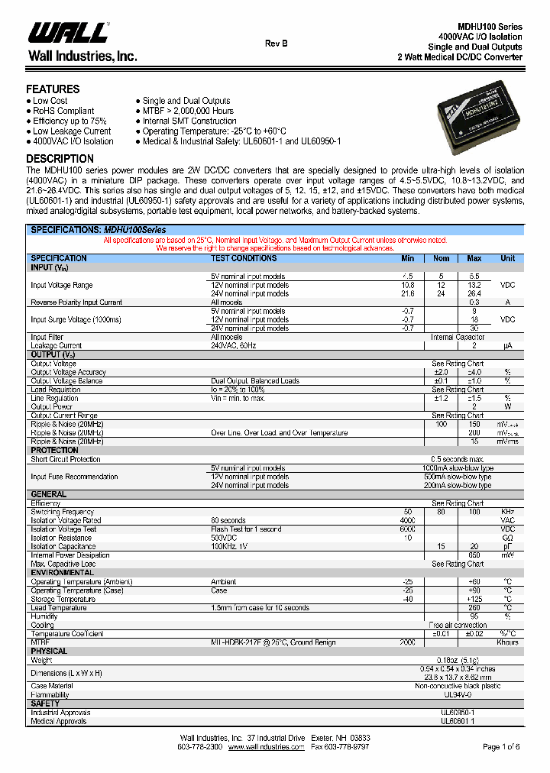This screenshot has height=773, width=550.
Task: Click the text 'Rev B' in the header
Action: (x=277, y=44)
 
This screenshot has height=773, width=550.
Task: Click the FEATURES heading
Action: (x=53, y=89)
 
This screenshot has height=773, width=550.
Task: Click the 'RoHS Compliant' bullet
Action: (x=63, y=111)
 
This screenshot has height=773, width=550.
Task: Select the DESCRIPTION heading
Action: (x=60, y=159)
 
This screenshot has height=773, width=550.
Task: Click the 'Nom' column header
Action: (x=442, y=258)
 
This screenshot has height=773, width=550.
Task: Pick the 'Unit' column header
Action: (x=507, y=258)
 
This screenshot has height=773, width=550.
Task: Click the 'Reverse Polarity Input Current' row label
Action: (x=76, y=302)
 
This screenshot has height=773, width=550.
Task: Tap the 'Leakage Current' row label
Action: (x=56, y=345)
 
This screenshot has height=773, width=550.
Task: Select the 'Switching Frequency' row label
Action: (x=62, y=512)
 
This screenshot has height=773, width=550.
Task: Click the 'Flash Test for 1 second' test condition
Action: (x=246, y=529)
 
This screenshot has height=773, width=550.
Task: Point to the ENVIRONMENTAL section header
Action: (x=62, y=572)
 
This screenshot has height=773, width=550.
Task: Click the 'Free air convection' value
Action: (x=458, y=625)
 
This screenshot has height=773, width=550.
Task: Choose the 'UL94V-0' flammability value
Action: (x=458, y=695)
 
